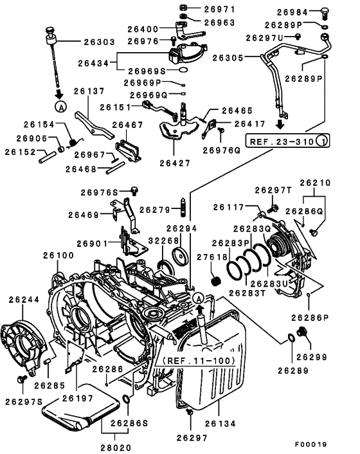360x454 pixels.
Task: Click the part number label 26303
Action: click(x=99, y=42)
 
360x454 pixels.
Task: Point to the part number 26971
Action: click(x=220, y=10)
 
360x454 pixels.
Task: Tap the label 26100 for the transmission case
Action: click(x=59, y=256)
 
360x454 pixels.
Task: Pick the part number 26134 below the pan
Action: click(x=221, y=424)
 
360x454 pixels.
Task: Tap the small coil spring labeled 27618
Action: click(x=217, y=281)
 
